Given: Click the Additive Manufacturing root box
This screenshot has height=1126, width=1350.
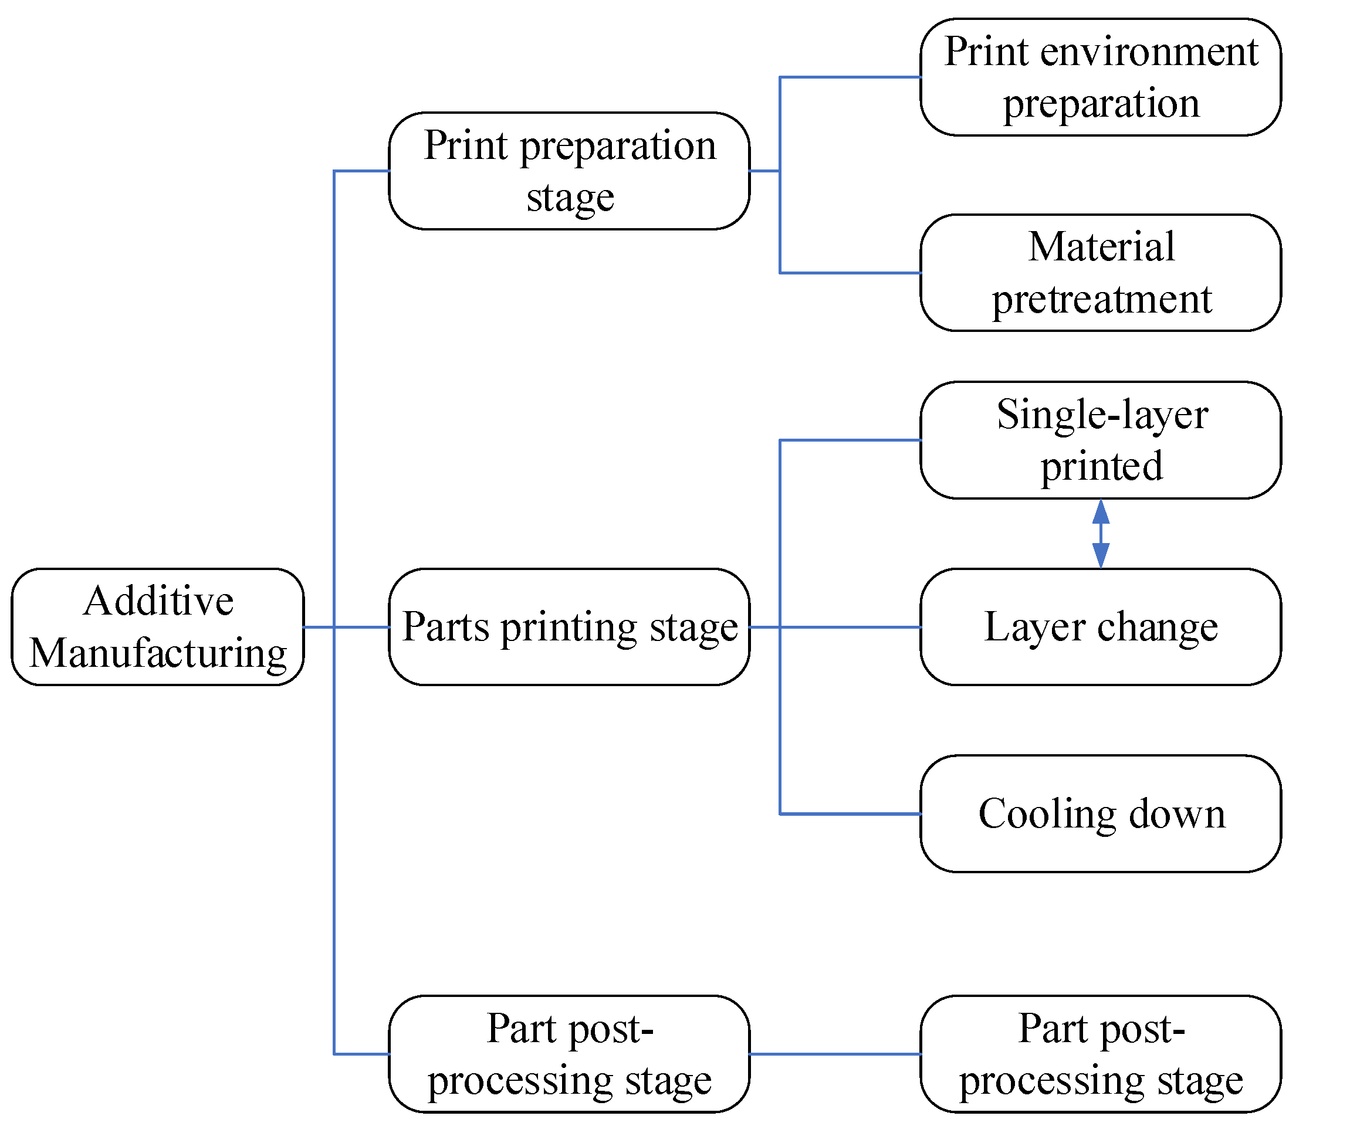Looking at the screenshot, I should pos(157,626).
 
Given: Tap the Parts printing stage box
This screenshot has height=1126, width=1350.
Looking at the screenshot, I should pos(569,626).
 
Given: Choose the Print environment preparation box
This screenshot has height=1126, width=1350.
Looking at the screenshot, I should pos(1101,77).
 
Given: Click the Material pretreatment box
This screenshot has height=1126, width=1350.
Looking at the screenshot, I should pos(1101,273).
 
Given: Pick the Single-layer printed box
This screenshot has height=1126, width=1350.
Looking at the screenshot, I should pos(1101,440).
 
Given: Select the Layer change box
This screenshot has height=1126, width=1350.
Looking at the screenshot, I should pos(1101,626).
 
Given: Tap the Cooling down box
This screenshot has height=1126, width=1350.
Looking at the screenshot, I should pos(1101,813).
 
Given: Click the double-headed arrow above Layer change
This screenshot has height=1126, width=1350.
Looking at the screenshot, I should pos(1101,534).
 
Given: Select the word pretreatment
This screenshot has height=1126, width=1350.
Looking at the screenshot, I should pos(1101,300).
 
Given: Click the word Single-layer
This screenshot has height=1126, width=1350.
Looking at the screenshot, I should pos(1102,415).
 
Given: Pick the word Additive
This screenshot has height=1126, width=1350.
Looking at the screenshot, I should pos(158,602).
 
